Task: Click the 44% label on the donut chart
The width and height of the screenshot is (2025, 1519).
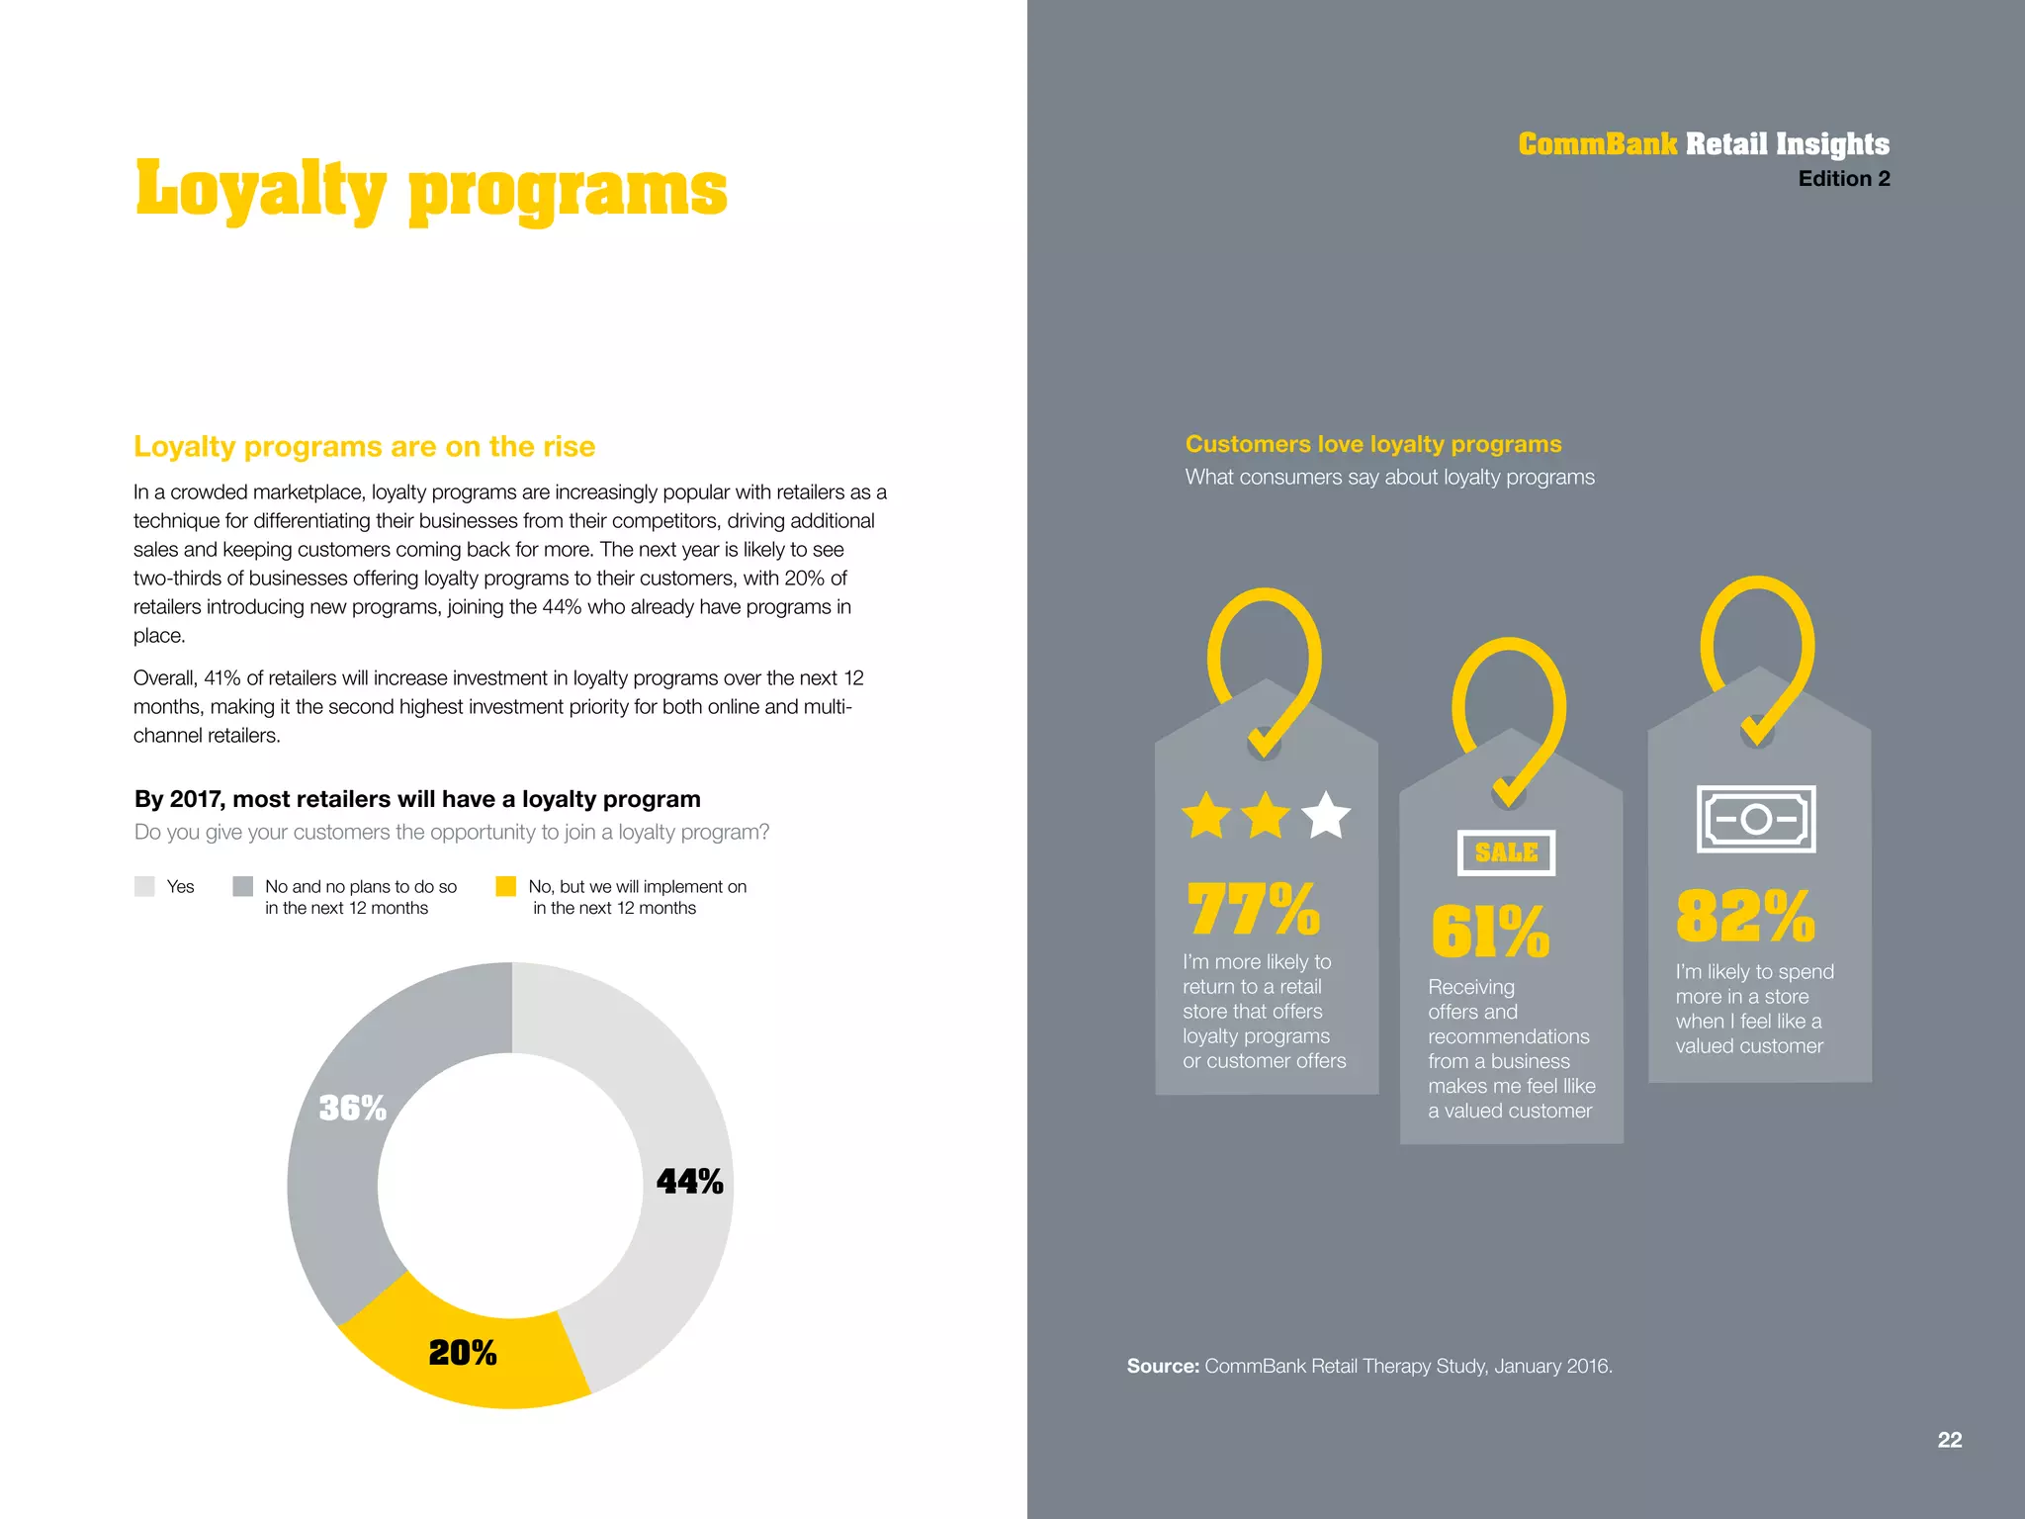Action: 689,1182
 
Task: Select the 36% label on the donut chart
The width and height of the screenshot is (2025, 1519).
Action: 352,1108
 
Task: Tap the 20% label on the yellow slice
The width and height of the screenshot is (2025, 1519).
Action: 463,1353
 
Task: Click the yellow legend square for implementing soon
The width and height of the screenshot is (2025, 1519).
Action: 506,886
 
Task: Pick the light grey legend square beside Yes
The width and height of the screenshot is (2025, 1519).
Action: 145,886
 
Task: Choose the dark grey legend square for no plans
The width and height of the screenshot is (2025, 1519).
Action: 243,886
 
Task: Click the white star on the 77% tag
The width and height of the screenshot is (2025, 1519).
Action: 1326,816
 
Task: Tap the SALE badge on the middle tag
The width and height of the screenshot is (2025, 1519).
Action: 1506,852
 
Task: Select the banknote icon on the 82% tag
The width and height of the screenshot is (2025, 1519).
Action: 1756,819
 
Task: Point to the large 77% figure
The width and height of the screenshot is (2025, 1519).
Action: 1253,909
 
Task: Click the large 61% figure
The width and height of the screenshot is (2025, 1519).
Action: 1490,932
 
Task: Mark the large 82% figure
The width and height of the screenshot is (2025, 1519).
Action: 1745,916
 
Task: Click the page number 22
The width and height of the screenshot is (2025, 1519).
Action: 1949,1440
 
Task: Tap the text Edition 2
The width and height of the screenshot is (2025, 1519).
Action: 1843,179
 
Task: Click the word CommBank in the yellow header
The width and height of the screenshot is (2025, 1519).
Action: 1597,144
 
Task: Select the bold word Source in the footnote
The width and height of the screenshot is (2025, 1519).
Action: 1163,1366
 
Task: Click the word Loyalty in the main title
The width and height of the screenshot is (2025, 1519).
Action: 260,190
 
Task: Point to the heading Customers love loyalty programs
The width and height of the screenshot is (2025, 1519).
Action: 1373,444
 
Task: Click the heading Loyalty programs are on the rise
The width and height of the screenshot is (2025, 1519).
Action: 364,447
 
